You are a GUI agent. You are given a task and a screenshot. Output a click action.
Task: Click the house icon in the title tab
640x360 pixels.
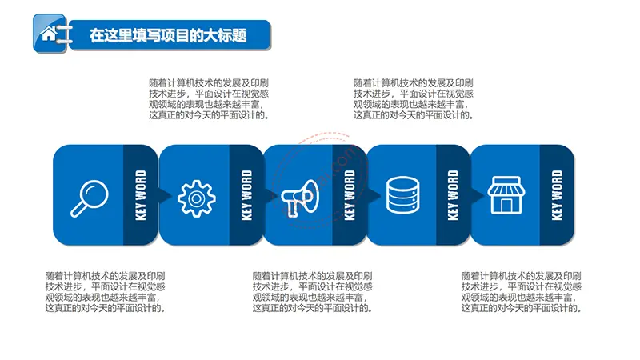click(49, 34)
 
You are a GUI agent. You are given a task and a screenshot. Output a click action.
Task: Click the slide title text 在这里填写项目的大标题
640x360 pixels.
click(168, 35)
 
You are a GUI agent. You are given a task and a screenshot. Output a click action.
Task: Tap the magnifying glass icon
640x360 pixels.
click(90, 198)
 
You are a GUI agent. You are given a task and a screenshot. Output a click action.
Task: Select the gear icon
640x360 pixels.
click(197, 198)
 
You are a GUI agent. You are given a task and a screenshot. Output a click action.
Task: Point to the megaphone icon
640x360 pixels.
click(300, 198)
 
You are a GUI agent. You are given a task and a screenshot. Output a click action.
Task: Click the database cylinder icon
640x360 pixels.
click(403, 195)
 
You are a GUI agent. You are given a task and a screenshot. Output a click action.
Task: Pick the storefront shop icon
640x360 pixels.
click(506, 195)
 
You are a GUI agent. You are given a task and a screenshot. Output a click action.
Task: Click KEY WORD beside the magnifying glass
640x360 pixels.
click(141, 195)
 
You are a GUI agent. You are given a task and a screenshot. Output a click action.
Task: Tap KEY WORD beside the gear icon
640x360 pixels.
click(246, 195)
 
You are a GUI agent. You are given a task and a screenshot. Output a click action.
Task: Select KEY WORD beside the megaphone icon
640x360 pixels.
click(350, 195)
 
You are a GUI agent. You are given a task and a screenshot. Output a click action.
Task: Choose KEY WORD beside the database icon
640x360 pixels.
click(453, 195)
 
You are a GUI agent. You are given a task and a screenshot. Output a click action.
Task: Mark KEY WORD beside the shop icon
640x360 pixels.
click(557, 195)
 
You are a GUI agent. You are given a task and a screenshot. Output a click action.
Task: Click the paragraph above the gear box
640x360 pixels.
click(209, 99)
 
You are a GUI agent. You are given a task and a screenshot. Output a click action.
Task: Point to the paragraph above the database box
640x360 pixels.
click(414, 99)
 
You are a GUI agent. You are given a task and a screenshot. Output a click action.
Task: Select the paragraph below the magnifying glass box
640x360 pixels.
click(106, 292)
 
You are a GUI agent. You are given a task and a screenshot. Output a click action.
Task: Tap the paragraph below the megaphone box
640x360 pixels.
click(313, 292)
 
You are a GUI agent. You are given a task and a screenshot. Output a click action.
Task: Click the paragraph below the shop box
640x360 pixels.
click(522, 292)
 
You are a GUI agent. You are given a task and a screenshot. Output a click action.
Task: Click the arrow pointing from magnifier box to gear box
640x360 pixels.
click(165, 195)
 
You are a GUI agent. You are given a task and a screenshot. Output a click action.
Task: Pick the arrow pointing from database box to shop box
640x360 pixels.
click(477, 195)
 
